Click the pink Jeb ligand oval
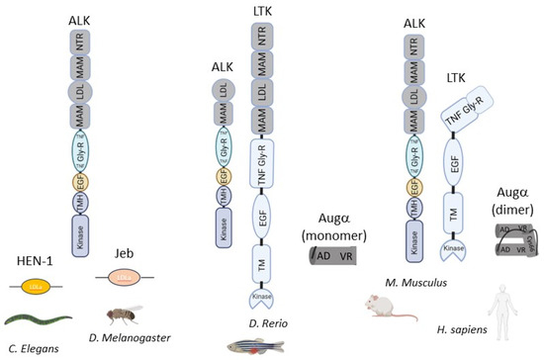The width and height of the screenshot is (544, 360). click(118, 281)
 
